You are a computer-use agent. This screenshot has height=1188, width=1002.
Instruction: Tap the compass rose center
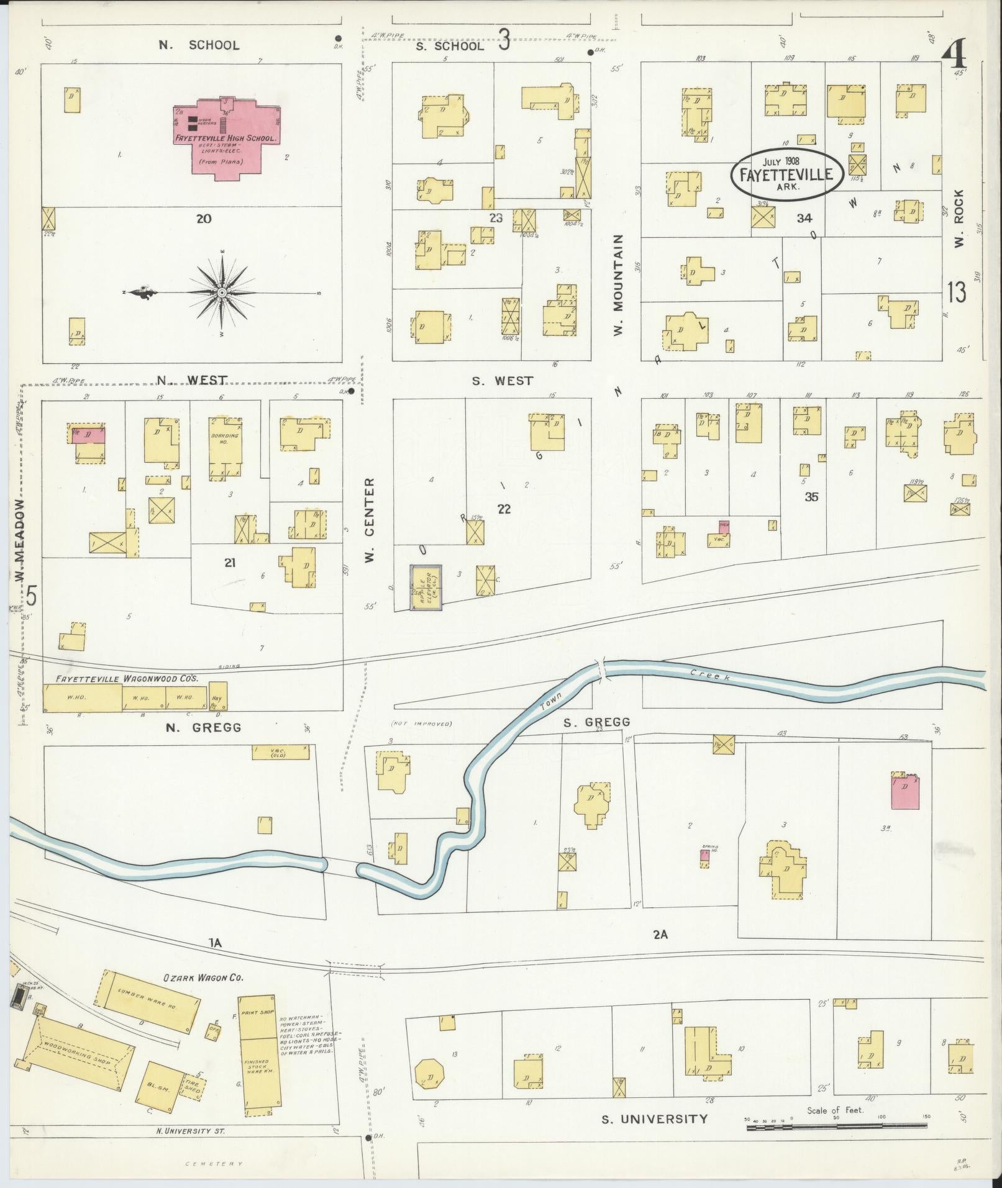pyautogui.click(x=222, y=292)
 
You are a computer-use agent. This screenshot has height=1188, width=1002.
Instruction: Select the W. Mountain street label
pyautogui.click(x=618, y=286)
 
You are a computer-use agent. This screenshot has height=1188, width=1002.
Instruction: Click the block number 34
pyautogui.click(x=804, y=218)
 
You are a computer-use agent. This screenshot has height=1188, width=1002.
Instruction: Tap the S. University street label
pyautogui.click(x=654, y=1119)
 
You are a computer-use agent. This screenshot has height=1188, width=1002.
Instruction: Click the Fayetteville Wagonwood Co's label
pyautogui.click(x=127, y=679)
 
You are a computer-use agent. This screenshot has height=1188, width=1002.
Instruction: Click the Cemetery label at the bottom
pyautogui.click(x=214, y=1164)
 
